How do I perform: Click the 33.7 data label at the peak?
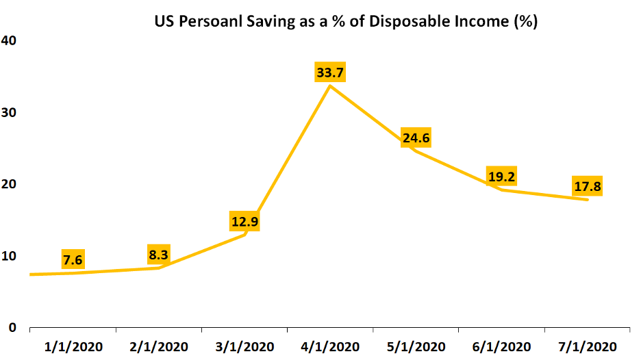(x=331, y=72)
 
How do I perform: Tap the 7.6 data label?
(x=73, y=260)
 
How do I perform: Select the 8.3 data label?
(x=158, y=255)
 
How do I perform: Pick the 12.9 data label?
(x=244, y=222)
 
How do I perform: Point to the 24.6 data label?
(x=416, y=139)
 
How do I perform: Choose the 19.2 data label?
(x=502, y=177)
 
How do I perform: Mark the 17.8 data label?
(x=588, y=186)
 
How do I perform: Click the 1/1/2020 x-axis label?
(x=73, y=346)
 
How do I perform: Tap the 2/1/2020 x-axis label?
(x=158, y=346)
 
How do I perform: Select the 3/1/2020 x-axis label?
(x=244, y=346)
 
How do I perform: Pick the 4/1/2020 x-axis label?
(x=331, y=346)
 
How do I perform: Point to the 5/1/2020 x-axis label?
(x=416, y=346)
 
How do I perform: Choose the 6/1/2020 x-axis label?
(x=502, y=346)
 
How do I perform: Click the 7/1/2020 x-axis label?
(x=588, y=346)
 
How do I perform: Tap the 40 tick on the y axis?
(x=10, y=41)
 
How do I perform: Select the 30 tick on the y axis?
(x=10, y=112)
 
